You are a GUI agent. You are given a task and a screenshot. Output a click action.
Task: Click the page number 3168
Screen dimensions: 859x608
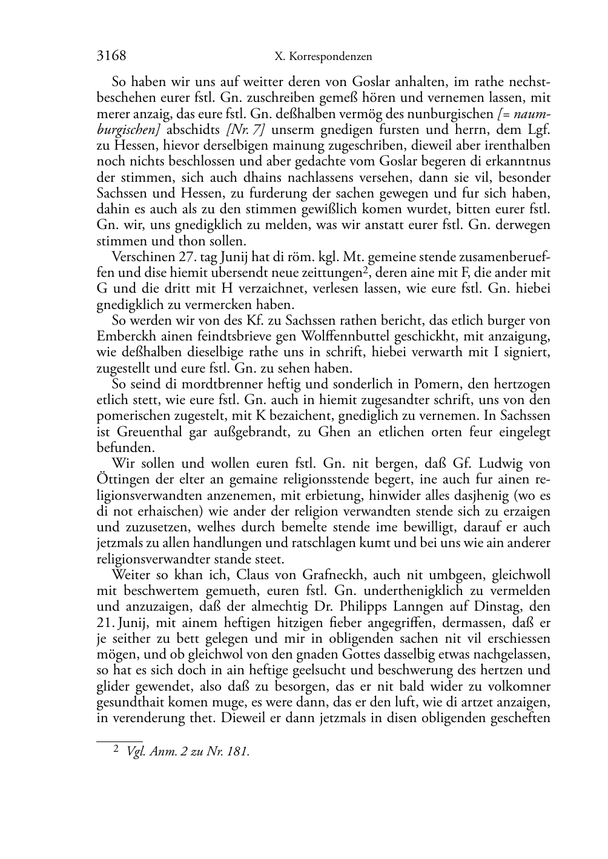[x=111, y=56]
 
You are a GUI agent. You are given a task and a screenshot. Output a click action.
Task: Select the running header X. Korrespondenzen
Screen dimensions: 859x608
[x=323, y=56]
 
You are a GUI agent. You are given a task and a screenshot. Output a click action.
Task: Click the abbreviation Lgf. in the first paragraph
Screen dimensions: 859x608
[x=538, y=130]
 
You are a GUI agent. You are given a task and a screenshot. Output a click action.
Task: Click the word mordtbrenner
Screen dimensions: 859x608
[x=206, y=384]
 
